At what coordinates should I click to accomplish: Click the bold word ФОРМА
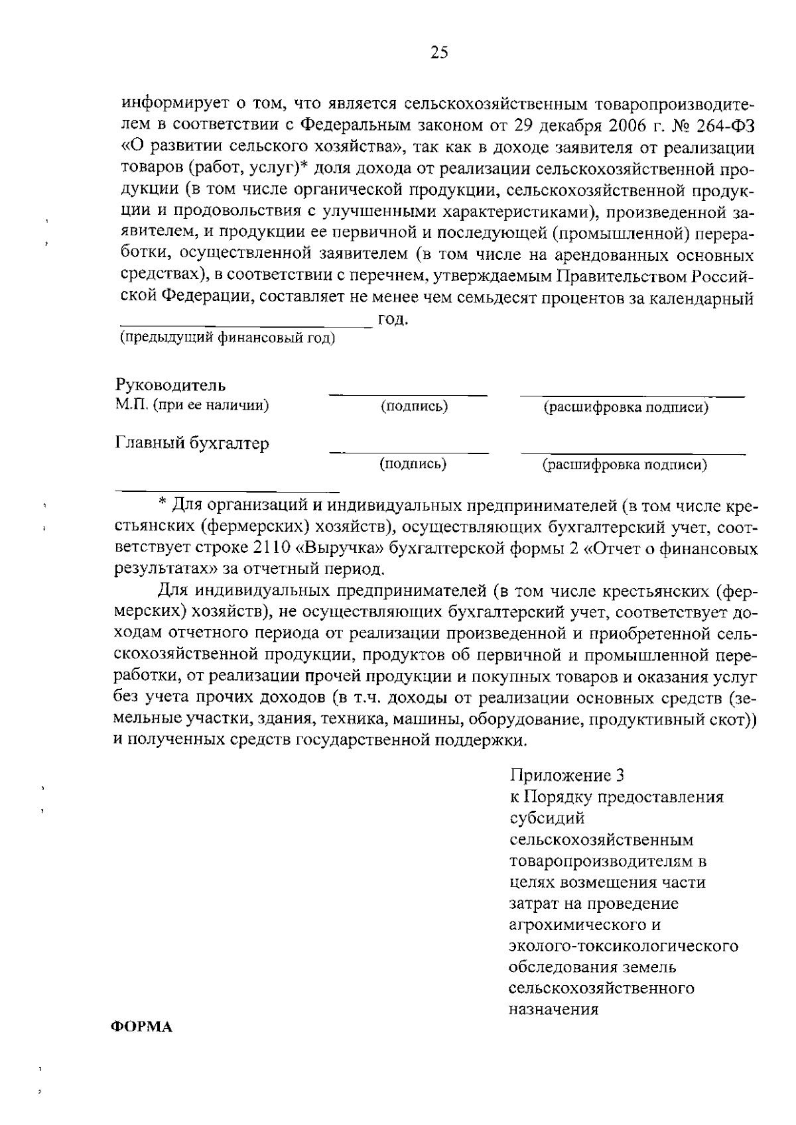click(x=141, y=1027)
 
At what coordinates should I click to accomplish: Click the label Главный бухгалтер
click(x=192, y=443)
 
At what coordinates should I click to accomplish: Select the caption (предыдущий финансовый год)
click(x=227, y=339)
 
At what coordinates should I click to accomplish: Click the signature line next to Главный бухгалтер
click(x=409, y=453)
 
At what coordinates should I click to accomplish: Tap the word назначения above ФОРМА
click(x=554, y=1010)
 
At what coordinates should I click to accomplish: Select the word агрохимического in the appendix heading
click(x=576, y=924)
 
